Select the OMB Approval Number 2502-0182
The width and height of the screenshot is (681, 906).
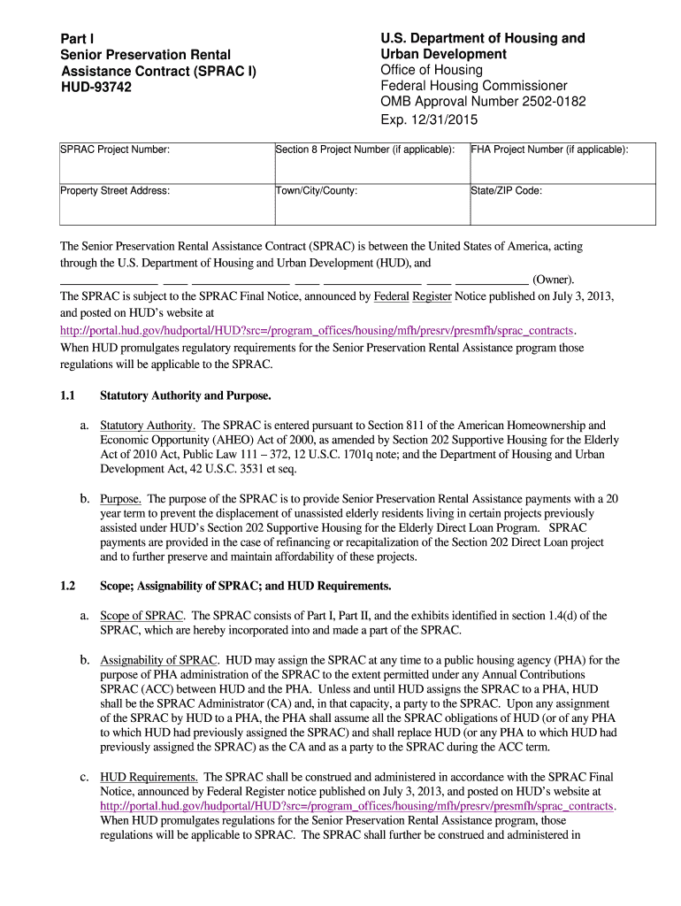pos(471,102)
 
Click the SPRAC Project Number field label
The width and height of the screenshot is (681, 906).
pos(115,150)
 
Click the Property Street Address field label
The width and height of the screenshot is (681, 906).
pos(115,190)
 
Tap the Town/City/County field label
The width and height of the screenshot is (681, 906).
pos(317,190)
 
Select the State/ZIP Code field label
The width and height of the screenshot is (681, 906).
pos(507,190)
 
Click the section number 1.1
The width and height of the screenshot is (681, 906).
pos(68,395)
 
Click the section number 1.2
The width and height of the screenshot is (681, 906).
pos(68,586)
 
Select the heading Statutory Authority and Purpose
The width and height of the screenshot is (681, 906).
pos(186,395)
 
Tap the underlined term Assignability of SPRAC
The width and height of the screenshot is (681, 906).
pos(159,660)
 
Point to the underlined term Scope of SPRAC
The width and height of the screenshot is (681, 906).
pos(142,615)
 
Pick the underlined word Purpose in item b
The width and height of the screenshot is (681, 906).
pos(120,499)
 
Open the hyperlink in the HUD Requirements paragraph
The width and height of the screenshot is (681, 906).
pos(356,806)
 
